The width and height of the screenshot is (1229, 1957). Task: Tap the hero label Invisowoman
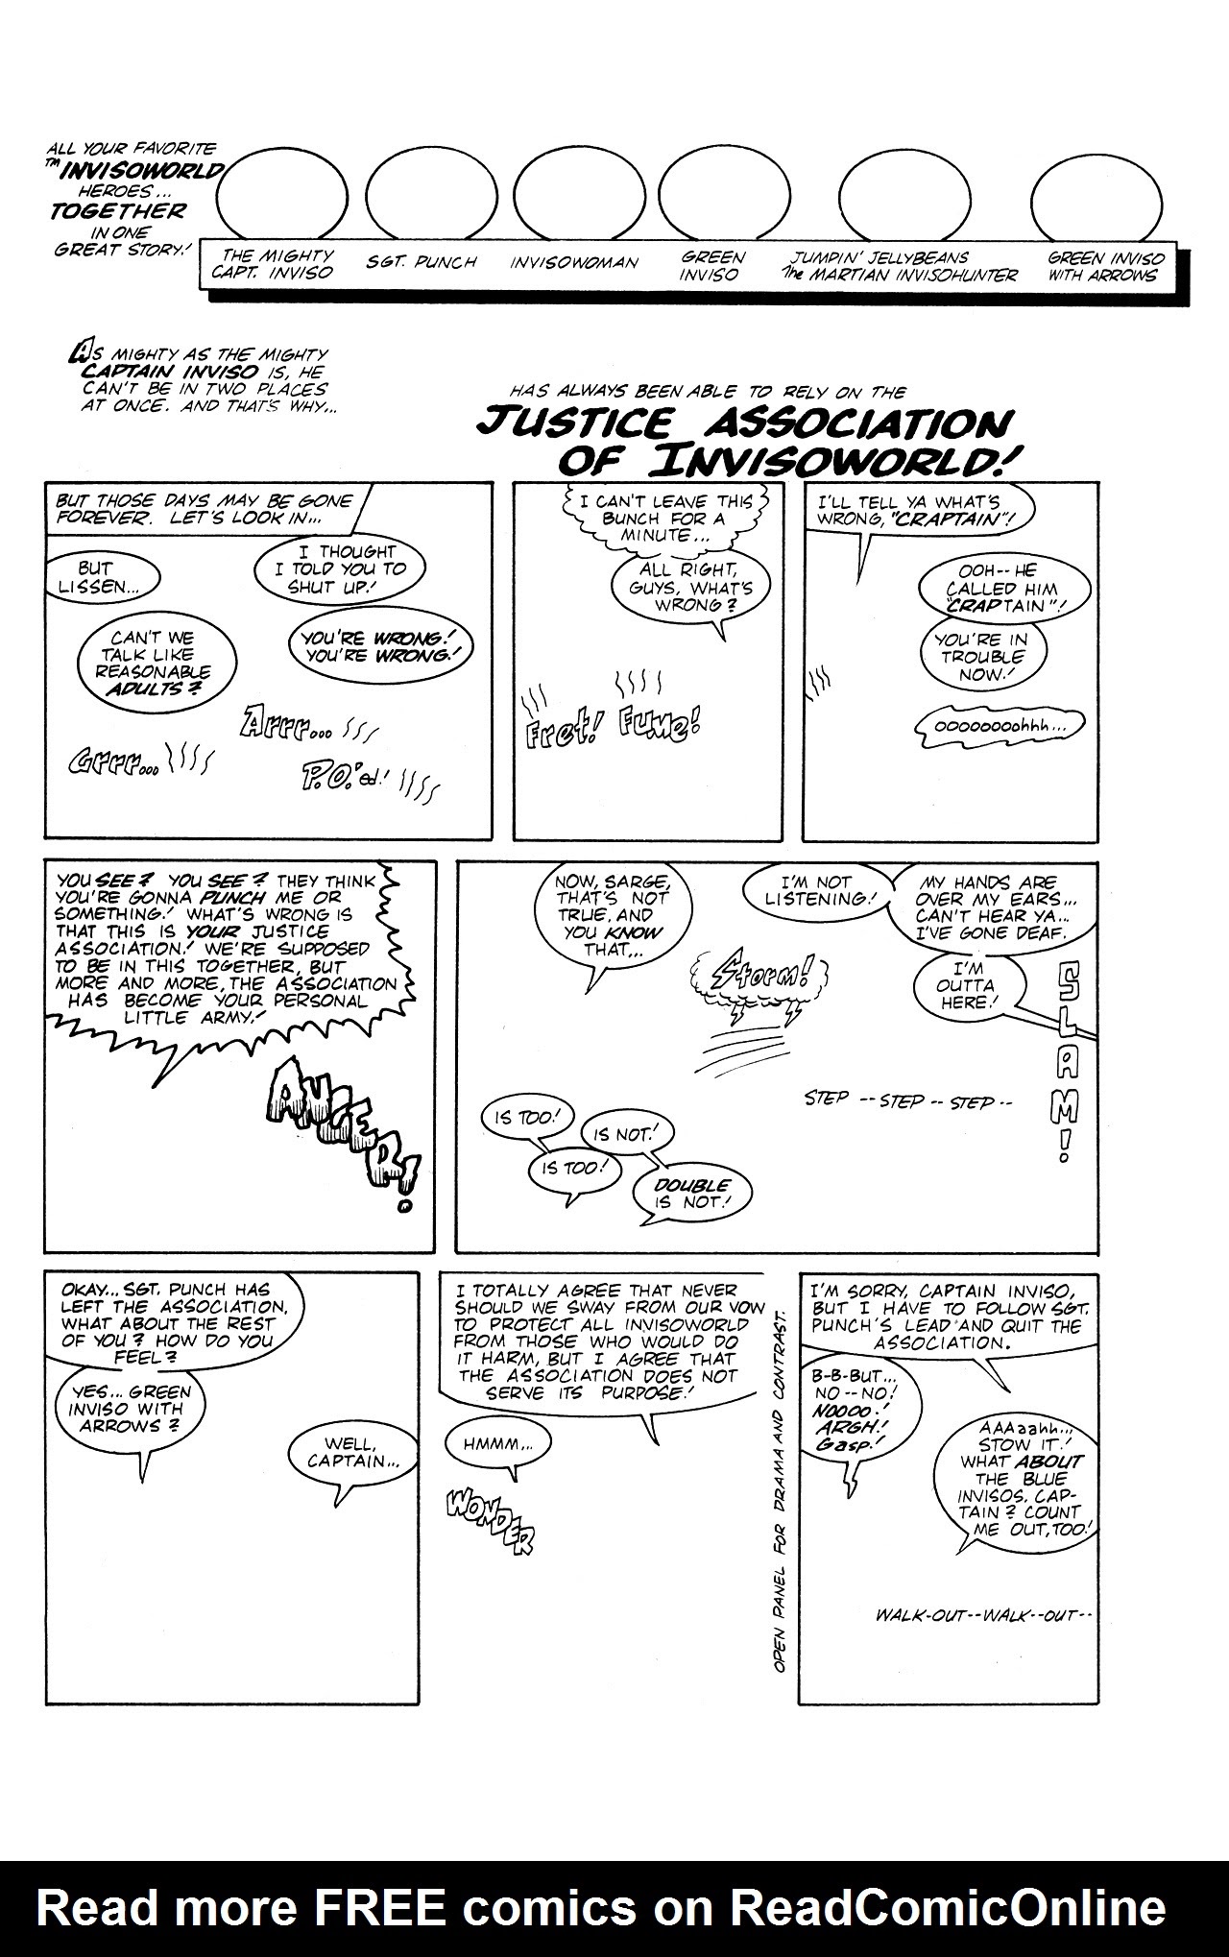tap(573, 262)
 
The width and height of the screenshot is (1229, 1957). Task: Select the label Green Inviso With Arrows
tap(1105, 266)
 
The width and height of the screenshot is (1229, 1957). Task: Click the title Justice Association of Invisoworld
tap(744, 440)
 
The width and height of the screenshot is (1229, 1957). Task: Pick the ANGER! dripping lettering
tap(336, 1123)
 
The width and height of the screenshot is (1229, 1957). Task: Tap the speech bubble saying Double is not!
tap(692, 1193)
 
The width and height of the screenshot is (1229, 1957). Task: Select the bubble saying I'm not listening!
tap(816, 890)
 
